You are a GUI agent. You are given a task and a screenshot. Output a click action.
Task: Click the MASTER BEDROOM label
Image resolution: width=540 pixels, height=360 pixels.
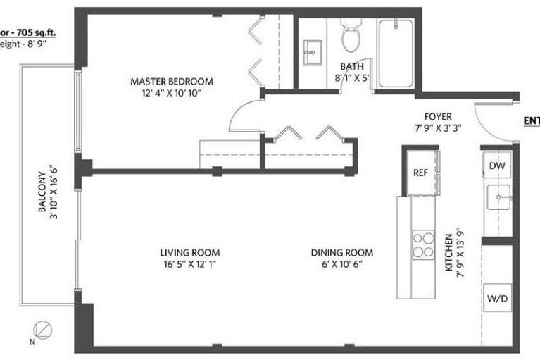171,82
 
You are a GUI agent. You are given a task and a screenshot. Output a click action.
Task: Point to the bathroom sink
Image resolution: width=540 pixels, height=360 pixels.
311,50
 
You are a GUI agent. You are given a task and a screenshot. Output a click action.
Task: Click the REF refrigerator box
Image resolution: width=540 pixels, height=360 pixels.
420,172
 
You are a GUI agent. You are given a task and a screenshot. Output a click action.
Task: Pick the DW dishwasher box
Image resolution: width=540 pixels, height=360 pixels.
497,166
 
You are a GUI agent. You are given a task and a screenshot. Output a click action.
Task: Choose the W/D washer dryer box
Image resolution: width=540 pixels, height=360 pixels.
497,299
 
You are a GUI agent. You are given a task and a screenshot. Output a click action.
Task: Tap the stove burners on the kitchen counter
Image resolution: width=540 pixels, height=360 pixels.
422,244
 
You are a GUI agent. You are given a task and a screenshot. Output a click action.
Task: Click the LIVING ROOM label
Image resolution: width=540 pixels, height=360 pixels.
189,253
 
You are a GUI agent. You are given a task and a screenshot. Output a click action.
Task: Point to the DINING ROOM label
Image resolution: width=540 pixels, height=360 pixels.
342,253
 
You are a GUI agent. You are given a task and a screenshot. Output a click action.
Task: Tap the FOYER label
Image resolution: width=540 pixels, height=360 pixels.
438,116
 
